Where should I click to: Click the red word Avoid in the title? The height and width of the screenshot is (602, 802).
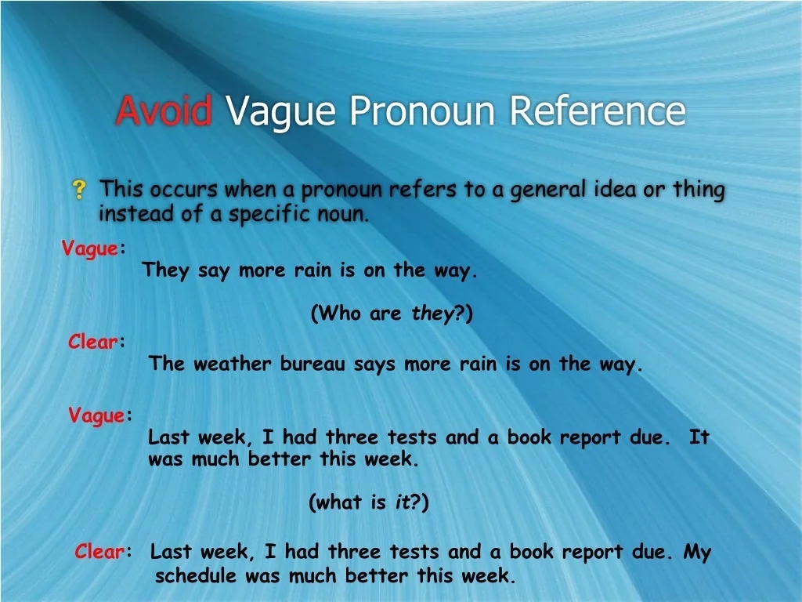pos(163,111)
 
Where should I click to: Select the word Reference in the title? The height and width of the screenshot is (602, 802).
pos(597,111)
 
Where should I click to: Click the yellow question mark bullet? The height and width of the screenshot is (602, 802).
pos(79,189)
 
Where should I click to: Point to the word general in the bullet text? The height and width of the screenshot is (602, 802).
pos(550,190)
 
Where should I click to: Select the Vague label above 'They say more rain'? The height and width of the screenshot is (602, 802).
pos(89,249)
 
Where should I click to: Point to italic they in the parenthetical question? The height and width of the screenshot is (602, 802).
pos(433,314)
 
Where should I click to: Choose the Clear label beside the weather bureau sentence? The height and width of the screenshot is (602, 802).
pos(93,342)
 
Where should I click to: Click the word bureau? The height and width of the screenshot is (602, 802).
pos(312,364)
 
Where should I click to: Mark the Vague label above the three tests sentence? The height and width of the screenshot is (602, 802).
pos(96,415)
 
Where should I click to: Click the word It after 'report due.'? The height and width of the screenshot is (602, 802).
pos(699,437)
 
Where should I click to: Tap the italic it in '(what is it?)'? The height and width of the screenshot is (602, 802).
pos(402,503)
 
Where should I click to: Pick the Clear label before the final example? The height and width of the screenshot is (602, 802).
pos(99,552)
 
